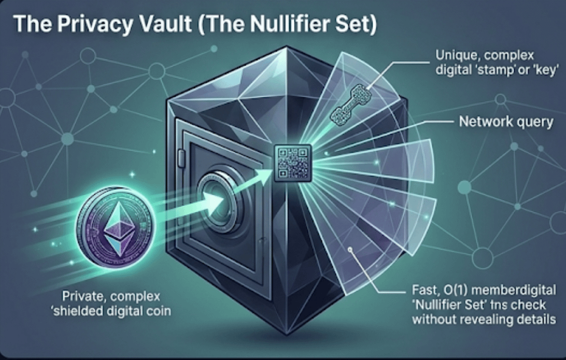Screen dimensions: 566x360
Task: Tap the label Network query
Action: click(x=506, y=122)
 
